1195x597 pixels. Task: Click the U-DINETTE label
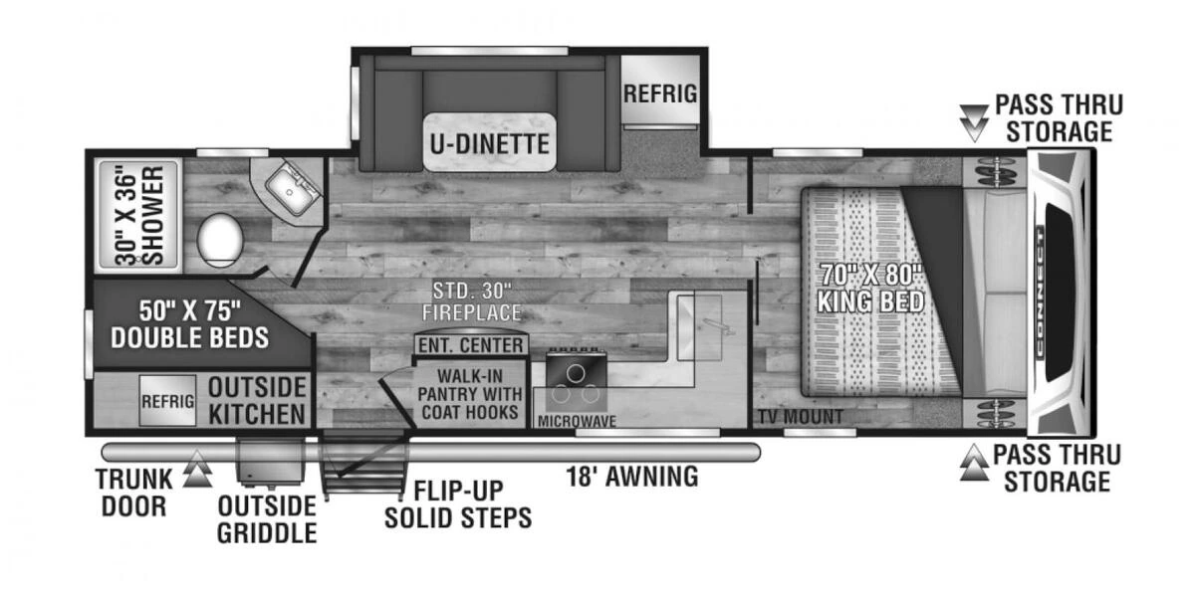[489, 143]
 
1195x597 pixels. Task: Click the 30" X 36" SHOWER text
[139, 213]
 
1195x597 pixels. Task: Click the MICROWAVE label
[577, 421]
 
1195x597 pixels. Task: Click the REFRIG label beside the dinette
[658, 95]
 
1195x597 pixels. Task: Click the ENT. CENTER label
[470, 345]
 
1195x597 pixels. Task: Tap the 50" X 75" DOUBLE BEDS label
[189, 323]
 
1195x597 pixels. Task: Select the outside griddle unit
[270, 461]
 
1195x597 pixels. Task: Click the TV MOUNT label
[799, 417]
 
